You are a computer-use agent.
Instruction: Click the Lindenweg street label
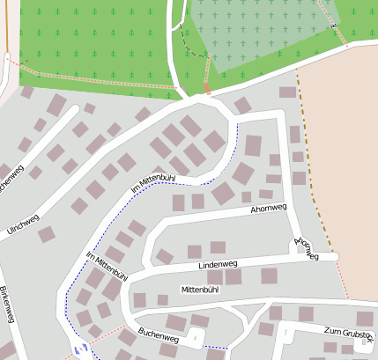[218, 264]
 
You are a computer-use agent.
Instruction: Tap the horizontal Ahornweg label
[269, 209]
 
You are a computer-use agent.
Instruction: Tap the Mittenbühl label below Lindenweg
[199, 289]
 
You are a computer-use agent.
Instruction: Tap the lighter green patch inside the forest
[256, 31]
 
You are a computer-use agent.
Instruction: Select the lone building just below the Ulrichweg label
[46, 234]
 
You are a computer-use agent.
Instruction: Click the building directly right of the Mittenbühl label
[233, 277]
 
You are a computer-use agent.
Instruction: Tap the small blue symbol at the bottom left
[80, 350]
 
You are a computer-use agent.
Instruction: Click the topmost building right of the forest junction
[287, 92]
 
